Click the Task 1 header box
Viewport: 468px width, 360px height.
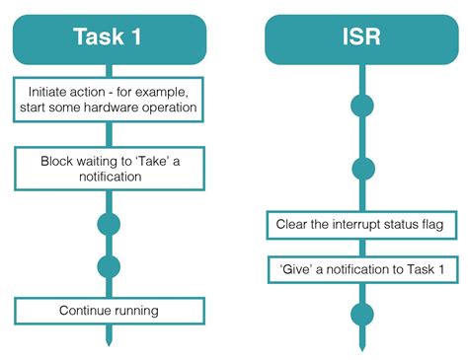pyautogui.click(x=109, y=38)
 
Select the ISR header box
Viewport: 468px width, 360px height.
pyautogui.click(x=363, y=38)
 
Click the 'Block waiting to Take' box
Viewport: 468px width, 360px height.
pyautogui.click(x=109, y=168)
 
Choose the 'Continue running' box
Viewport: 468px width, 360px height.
pyautogui.click(x=109, y=312)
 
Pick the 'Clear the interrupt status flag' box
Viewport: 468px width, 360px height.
pyautogui.click(x=362, y=226)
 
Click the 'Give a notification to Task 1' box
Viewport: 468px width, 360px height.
pyautogui.click(x=362, y=268)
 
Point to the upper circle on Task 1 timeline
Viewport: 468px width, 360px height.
pyautogui.click(x=109, y=224)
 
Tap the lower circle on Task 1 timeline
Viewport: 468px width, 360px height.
pyautogui.click(x=109, y=266)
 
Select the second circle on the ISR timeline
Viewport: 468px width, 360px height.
pyautogui.click(x=363, y=169)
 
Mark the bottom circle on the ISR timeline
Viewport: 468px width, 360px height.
pyautogui.click(x=363, y=314)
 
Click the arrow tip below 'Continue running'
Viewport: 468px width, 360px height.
pyautogui.click(x=109, y=341)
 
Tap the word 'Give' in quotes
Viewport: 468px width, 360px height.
pyautogui.click(x=296, y=268)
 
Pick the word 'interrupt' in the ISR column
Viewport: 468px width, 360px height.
pyautogui.click(x=359, y=226)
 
